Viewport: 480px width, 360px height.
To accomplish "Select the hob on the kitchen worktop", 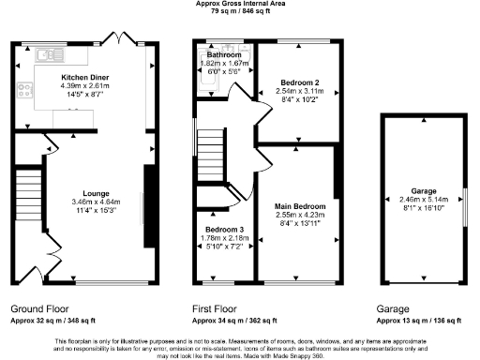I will tap(22, 91).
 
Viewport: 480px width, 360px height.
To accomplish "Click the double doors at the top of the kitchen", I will tap(125, 42).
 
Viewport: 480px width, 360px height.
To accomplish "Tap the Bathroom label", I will tap(225, 55).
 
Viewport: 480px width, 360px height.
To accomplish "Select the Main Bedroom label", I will tap(300, 205).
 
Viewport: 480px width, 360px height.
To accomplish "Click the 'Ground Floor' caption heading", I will tap(37, 307).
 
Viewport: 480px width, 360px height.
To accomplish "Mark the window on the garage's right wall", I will tap(465, 203).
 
